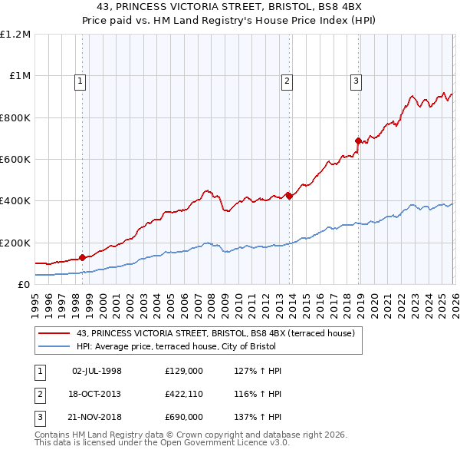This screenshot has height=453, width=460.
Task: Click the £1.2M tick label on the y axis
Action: coord(15,35)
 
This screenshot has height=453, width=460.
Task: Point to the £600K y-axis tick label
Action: coord(15,160)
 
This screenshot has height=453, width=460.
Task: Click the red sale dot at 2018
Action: coord(358,141)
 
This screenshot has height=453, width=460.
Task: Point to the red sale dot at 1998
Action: coord(82,258)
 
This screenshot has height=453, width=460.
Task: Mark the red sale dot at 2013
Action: coord(289,196)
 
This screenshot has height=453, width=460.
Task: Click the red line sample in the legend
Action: coord(54,334)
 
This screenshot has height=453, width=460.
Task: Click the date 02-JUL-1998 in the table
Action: coord(97,371)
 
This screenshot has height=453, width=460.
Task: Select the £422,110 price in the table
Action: coord(184,394)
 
